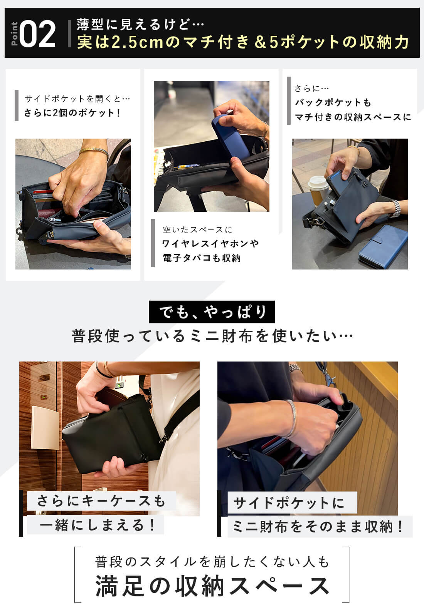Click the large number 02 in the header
pos(37,34)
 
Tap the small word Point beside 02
pos(14,34)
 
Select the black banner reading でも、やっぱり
pos(212,311)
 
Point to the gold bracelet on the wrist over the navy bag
pos(94,152)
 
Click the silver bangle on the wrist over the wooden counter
pos(291,418)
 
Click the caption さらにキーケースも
pos(101,500)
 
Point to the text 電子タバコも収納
pos(202,258)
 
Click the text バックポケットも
pos(333,102)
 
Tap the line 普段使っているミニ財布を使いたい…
pos(212,336)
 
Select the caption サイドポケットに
pos(289,503)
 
